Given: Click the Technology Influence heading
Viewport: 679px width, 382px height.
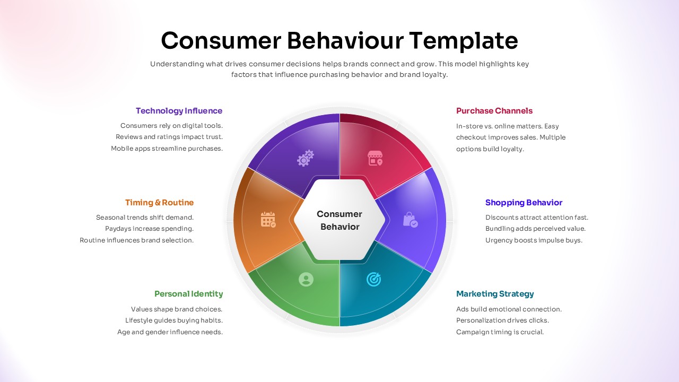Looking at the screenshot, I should coord(179,111).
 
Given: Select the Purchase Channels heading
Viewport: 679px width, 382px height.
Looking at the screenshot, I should coord(494,111).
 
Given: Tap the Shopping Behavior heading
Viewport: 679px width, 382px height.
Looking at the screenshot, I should coord(524,203).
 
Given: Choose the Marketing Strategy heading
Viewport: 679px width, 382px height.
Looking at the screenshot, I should coord(495,294).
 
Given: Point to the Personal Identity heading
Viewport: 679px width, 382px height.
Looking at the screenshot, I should coord(188,294).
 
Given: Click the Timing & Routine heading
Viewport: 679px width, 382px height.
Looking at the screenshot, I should coord(159,203).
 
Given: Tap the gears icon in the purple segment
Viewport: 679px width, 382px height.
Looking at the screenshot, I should coord(306,158).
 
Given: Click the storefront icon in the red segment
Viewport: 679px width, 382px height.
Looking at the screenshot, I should coord(375,158).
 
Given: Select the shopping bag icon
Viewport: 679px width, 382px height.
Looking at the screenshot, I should coord(410,220).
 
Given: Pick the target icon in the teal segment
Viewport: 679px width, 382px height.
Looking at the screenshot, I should coord(374,279).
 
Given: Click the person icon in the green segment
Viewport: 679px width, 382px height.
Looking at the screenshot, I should coord(306,279).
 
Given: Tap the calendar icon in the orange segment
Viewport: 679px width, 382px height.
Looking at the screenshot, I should coord(268,220).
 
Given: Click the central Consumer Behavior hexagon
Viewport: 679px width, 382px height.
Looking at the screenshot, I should coord(339,220).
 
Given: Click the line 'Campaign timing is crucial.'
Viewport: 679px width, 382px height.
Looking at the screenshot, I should coord(500,332).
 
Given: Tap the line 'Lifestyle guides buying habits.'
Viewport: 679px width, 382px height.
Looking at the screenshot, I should coord(174,320).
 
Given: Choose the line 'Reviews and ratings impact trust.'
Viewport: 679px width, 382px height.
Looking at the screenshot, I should coord(169,137).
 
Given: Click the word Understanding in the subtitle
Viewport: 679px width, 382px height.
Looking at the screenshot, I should coord(177,64).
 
